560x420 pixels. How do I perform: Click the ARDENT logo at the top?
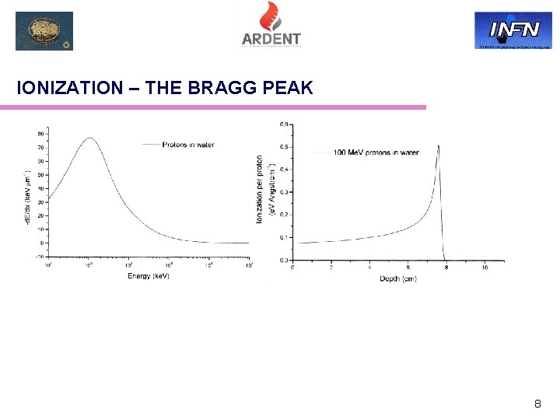[x=271, y=25]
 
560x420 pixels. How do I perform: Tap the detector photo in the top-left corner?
[x=44, y=31]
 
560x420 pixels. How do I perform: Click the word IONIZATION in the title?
[x=70, y=88]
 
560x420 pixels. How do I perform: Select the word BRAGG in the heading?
[x=221, y=88]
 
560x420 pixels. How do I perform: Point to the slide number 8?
[x=537, y=404]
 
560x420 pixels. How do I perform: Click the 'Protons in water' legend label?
[x=188, y=144]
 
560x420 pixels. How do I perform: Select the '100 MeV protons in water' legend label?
[x=376, y=152]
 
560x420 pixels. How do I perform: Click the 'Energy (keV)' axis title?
[x=148, y=277]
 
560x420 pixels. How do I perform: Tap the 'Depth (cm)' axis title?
[x=397, y=278]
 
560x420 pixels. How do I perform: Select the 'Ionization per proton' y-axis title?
[x=260, y=190]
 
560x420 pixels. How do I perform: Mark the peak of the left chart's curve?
[x=90, y=138]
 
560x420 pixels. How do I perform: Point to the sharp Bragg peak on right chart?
[x=439, y=146]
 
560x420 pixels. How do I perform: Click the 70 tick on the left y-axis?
[x=40, y=148]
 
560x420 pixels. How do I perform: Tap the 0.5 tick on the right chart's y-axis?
[x=285, y=147]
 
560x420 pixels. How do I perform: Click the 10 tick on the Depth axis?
[x=485, y=268]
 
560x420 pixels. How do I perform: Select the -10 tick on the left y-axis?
[x=39, y=256]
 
